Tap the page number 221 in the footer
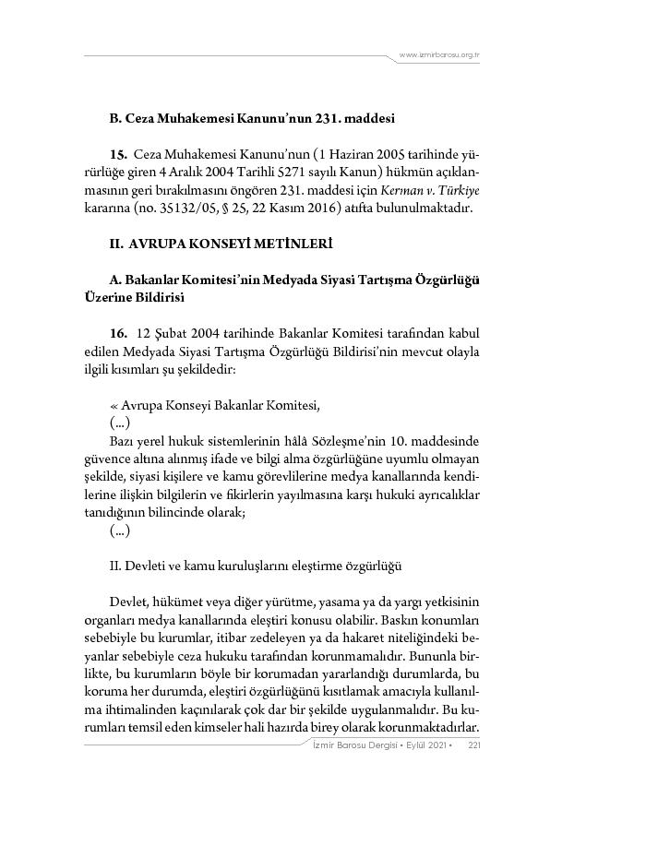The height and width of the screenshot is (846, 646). [x=474, y=745]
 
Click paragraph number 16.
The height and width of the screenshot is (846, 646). [x=118, y=332]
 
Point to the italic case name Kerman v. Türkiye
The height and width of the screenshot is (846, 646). [x=441, y=189]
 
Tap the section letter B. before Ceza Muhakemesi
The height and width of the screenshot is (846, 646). [x=115, y=119]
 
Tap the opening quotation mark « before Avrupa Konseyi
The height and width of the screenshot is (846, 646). [x=114, y=404]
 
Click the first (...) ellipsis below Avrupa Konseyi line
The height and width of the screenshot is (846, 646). [x=119, y=422]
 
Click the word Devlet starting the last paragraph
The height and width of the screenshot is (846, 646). [x=126, y=602]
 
